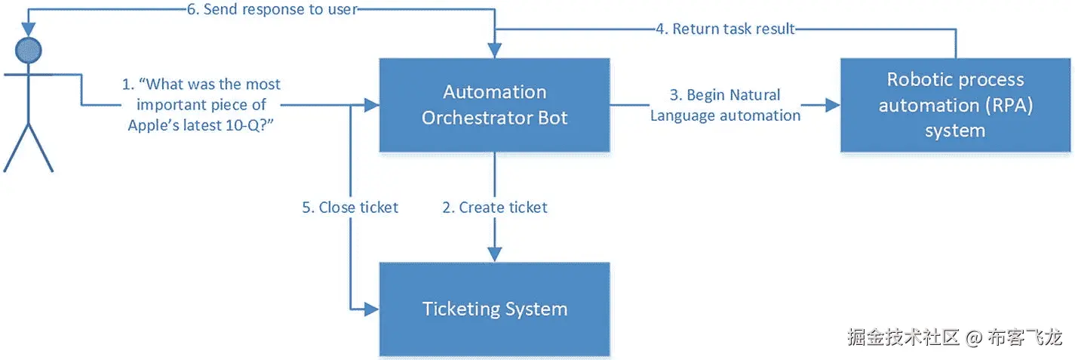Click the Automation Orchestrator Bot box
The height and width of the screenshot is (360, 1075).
(x=495, y=105)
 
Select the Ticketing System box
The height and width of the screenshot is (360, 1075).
(x=495, y=309)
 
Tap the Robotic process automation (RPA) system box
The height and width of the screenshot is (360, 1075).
(x=956, y=105)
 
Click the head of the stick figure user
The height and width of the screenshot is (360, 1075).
(x=29, y=51)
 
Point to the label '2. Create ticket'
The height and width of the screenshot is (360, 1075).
(x=495, y=208)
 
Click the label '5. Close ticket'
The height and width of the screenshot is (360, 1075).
(x=350, y=208)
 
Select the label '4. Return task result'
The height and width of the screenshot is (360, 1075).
(x=726, y=29)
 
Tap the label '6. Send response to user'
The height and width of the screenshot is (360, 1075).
(x=272, y=9)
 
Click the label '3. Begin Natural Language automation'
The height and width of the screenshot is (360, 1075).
(x=725, y=105)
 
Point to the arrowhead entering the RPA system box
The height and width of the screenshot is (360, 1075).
(x=833, y=105)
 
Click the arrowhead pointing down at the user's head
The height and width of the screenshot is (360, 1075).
(x=29, y=29)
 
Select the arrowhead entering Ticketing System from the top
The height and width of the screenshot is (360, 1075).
(x=495, y=255)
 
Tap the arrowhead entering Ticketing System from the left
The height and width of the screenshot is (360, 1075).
(x=372, y=309)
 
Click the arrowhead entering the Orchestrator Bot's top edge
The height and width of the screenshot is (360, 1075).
(x=495, y=51)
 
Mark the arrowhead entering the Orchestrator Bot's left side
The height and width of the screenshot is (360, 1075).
(x=372, y=105)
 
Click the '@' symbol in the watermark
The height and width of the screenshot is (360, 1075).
(x=974, y=338)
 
